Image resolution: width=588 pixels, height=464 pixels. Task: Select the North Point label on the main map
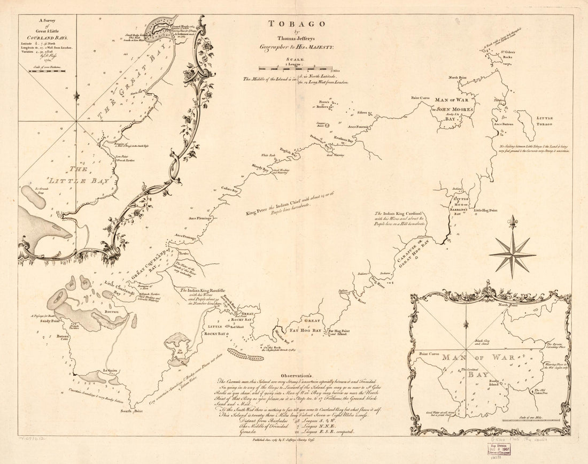click(x=457, y=78)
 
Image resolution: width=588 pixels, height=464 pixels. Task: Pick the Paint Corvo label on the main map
click(x=420, y=98)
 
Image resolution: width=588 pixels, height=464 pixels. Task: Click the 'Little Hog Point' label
click(x=486, y=211)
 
